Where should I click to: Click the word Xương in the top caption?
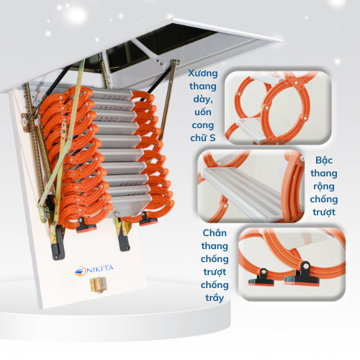[x=204, y=73]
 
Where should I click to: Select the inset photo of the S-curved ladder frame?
[x=277, y=108]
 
